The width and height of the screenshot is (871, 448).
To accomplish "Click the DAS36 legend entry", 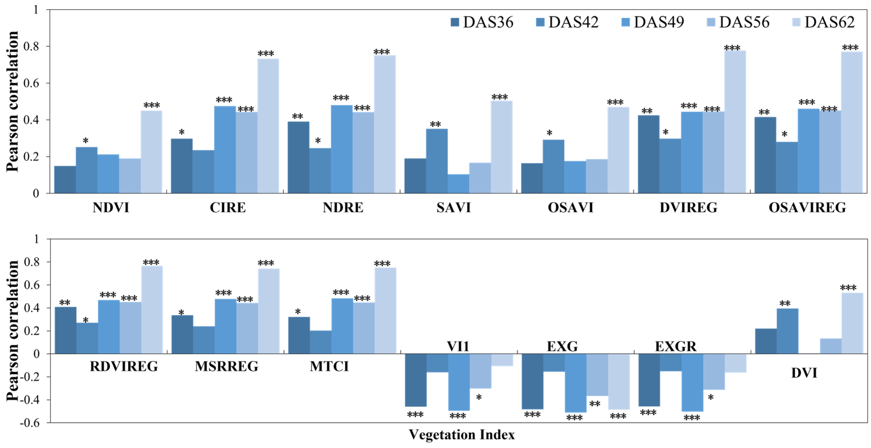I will point(482,22).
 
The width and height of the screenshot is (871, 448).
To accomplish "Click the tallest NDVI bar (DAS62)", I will point(151,152).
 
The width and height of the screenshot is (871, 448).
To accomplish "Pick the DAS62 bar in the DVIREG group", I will point(735,122).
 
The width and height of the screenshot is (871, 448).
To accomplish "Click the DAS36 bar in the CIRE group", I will point(182,166).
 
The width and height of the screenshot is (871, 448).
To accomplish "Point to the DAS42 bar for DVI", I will point(788,331).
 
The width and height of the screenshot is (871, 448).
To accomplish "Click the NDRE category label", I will point(343,208).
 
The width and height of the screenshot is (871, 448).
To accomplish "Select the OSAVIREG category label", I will point(807,208).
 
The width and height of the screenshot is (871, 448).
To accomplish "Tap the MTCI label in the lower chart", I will point(329,366).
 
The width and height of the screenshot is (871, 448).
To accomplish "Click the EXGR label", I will point(676,347).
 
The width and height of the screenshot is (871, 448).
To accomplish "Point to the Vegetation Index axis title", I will point(462,434).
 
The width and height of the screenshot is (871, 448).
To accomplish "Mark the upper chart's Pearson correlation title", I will point(12,101).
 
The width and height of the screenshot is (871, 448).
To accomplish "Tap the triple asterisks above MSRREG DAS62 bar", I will point(266,263).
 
